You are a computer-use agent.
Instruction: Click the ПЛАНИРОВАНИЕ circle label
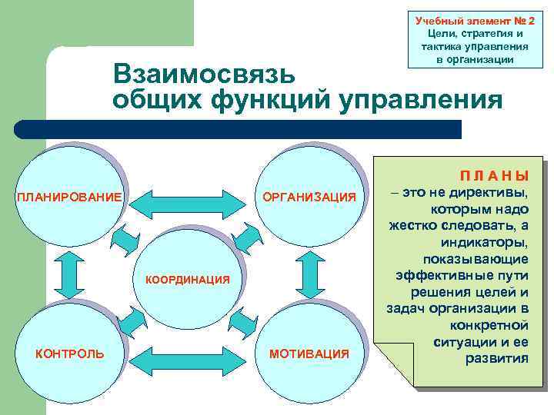pos(69,198)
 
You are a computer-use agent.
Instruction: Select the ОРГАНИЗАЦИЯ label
pos(309,198)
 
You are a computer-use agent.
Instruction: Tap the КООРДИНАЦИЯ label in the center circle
pos(188,280)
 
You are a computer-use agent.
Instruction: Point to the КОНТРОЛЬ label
pos(71,353)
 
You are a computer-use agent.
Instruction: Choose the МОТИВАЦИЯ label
pos(309,353)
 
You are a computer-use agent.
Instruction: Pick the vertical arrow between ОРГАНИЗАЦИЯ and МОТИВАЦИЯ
pos(310,275)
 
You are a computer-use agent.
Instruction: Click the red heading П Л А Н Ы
pos(493,175)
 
